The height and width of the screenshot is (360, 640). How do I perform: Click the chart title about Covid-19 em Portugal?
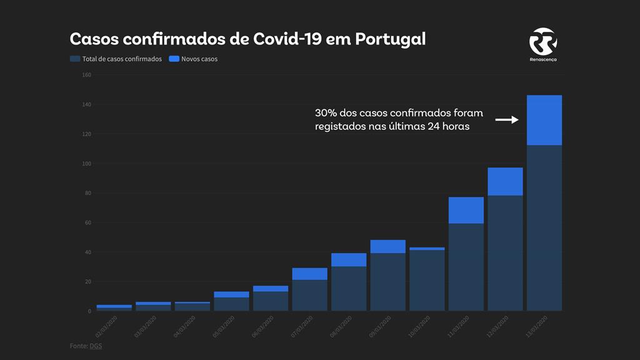coord(247,39)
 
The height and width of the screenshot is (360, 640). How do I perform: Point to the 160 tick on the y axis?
coord(86,75)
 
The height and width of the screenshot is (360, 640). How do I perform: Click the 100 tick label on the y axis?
coord(86,164)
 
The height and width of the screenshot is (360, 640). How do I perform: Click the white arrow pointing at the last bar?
coord(507,119)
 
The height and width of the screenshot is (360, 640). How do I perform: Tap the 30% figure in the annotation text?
coord(326,113)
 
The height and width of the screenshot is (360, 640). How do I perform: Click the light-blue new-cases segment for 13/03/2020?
coord(544,120)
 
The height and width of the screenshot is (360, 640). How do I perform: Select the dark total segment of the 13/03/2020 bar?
coord(544,228)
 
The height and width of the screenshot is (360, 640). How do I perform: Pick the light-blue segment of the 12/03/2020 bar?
coord(505,181)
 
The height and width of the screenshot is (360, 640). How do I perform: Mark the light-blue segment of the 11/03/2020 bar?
coord(466,210)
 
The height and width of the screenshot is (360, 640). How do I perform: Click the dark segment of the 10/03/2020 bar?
coord(427,281)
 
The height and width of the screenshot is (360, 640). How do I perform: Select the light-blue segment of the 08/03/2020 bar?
coord(349,259)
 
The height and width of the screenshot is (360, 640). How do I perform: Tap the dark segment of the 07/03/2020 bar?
coord(309,295)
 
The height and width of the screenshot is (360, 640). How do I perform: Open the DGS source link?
coord(96,346)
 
